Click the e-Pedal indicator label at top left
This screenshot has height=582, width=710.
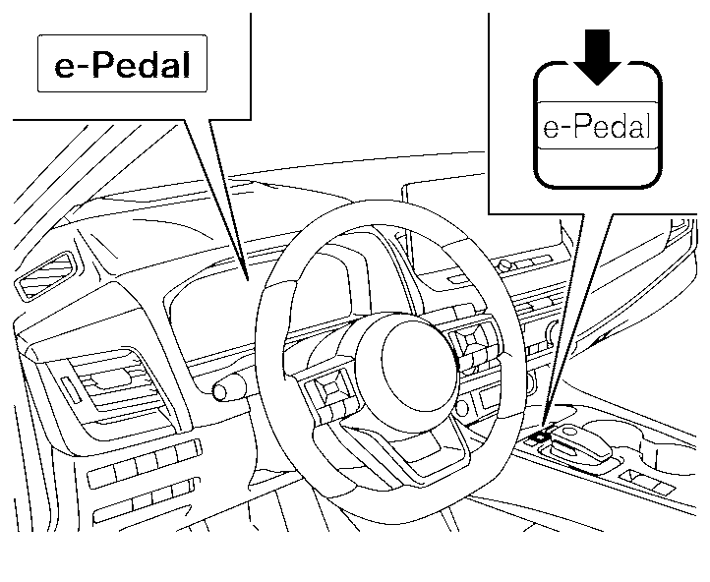click(x=122, y=65)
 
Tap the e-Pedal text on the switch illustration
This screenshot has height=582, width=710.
click(x=597, y=128)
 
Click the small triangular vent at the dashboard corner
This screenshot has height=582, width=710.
click(x=44, y=274)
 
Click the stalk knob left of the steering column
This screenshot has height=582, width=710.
click(x=228, y=390)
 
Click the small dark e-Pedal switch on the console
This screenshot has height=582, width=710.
click(x=538, y=434)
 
